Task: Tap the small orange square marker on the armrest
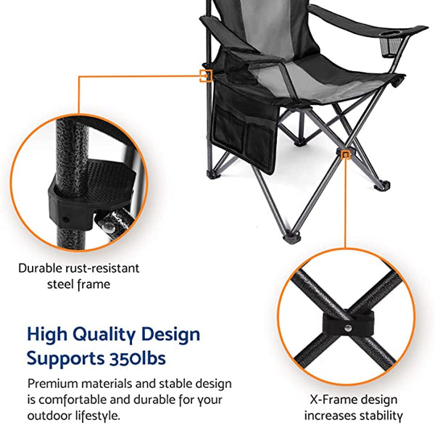[207, 74]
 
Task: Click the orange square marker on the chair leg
[347, 154]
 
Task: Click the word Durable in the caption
[41, 268]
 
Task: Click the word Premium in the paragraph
[53, 383]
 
